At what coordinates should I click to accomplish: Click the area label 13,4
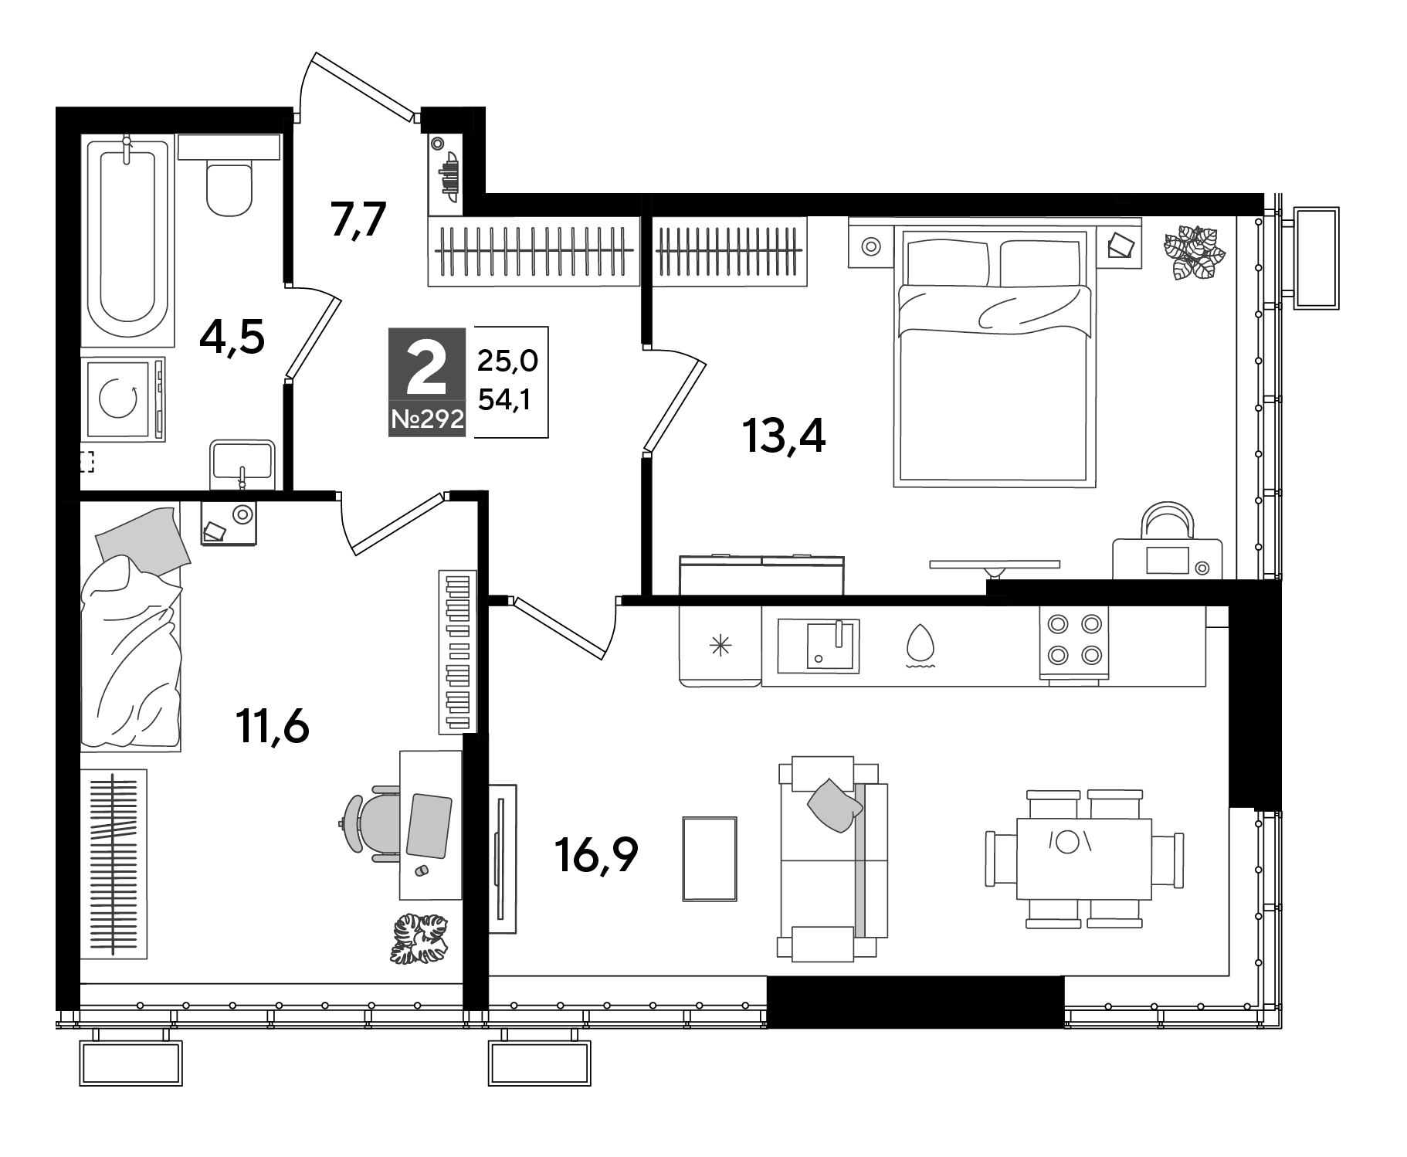tap(783, 438)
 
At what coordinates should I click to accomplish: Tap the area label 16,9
tap(595, 855)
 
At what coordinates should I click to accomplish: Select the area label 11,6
tap(273, 727)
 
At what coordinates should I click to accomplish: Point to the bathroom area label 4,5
tap(232, 337)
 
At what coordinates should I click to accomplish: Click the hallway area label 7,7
tap(358, 222)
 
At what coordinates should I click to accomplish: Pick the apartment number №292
tap(427, 420)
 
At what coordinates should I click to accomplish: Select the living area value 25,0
tap(507, 361)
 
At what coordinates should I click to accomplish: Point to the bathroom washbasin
tap(242, 463)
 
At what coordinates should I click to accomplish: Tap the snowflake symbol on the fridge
tap(720, 646)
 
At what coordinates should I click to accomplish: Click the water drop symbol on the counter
tap(920, 644)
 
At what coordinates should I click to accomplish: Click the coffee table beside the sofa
tap(710, 858)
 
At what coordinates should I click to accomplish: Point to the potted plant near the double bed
tap(1194, 252)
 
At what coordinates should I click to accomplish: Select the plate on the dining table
tap(1066, 842)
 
